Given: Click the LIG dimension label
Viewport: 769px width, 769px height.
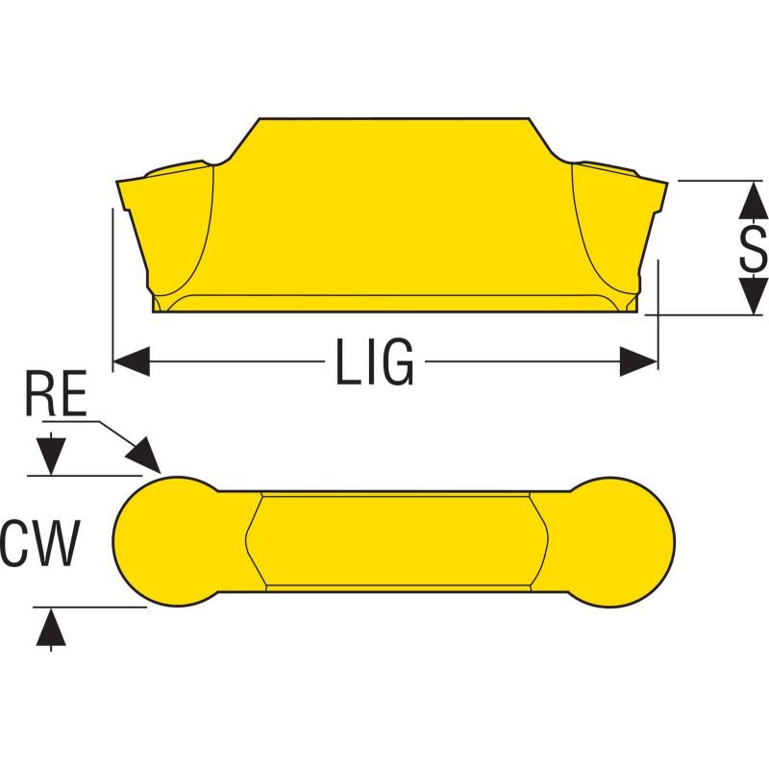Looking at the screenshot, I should [x=375, y=362].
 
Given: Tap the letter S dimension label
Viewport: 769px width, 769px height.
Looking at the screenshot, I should [x=753, y=247].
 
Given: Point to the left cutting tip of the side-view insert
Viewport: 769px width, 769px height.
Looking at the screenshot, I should [x=124, y=186].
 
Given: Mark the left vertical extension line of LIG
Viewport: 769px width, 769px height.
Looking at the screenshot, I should [x=113, y=288].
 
